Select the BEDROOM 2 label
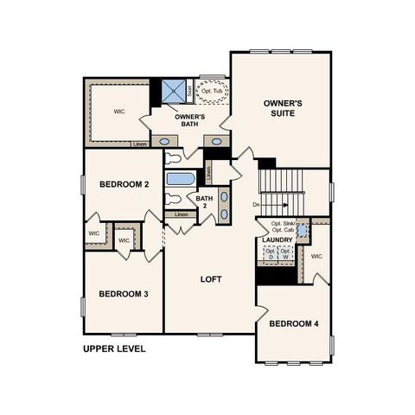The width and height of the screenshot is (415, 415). (x=124, y=184)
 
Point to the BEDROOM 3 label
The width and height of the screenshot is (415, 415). (x=123, y=294)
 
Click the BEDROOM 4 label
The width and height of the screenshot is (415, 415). (x=293, y=323)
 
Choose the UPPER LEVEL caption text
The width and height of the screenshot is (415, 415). (x=114, y=349)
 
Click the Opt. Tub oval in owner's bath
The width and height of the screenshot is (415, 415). (x=211, y=90)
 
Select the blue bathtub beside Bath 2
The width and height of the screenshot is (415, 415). (x=181, y=180)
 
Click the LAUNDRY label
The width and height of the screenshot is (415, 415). (x=278, y=239)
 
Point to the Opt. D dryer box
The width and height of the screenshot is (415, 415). (x=270, y=254)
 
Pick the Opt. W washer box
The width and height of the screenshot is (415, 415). (x=284, y=254)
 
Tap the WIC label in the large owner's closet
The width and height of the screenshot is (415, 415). (x=120, y=112)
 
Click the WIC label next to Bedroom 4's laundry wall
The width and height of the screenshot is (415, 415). (x=316, y=256)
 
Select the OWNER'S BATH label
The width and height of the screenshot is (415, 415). (x=188, y=120)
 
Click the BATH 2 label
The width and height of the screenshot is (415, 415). (x=203, y=202)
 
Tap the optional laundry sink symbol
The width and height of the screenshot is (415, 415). (x=302, y=231)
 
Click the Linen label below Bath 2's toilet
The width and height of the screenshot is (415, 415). (x=181, y=214)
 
